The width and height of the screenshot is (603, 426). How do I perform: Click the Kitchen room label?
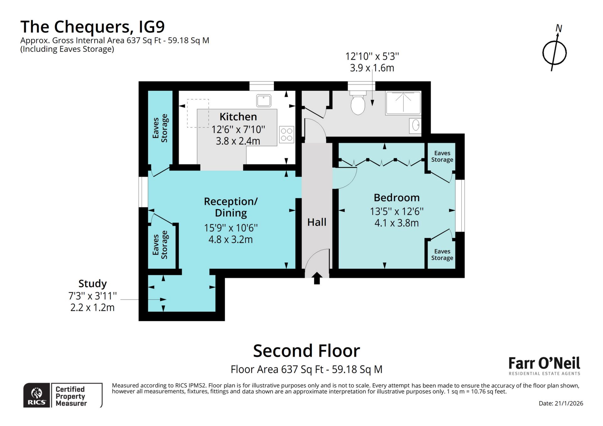238,117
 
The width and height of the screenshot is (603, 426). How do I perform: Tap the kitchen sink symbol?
263,101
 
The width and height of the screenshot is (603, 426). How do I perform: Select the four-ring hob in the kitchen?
286,134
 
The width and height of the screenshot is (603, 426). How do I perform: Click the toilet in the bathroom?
358,103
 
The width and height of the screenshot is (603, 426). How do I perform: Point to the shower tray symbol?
403,103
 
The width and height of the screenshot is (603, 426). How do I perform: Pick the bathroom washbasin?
415,125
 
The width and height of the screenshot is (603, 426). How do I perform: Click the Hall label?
317,222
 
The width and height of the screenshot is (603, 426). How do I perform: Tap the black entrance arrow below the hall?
317,278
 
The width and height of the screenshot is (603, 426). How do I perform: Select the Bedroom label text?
396,198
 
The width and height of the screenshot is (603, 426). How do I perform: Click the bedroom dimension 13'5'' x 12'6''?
396,211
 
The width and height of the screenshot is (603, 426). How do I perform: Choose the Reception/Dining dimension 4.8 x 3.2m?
231,240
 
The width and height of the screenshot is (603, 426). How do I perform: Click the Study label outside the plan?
92,283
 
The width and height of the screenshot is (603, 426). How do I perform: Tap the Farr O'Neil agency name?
544,363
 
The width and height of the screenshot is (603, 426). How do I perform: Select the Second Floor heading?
306,351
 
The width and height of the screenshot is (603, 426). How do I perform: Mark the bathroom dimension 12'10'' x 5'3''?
372,57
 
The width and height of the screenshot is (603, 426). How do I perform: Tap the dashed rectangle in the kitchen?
198,113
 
